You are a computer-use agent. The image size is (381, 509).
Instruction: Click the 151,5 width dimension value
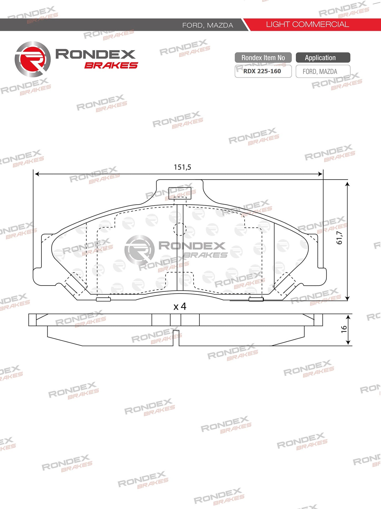tap(182, 167)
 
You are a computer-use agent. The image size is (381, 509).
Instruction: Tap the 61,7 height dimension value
tap(339, 238)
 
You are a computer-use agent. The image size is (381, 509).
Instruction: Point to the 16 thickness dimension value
tap(344, 329)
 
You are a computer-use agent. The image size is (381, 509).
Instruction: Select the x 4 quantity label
tap(180, 306)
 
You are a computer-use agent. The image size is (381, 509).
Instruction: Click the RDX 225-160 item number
tap(262, 71)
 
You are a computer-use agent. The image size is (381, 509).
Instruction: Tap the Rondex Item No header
tap(263, 58)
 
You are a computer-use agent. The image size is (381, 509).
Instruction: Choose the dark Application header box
tap(323, 58)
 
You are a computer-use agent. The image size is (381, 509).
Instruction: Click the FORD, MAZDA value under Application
tap(320, 72)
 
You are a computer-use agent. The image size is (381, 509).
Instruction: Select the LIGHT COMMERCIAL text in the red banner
tap(307, 25)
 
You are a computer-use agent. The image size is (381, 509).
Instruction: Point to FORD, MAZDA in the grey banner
tap(208, 25)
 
